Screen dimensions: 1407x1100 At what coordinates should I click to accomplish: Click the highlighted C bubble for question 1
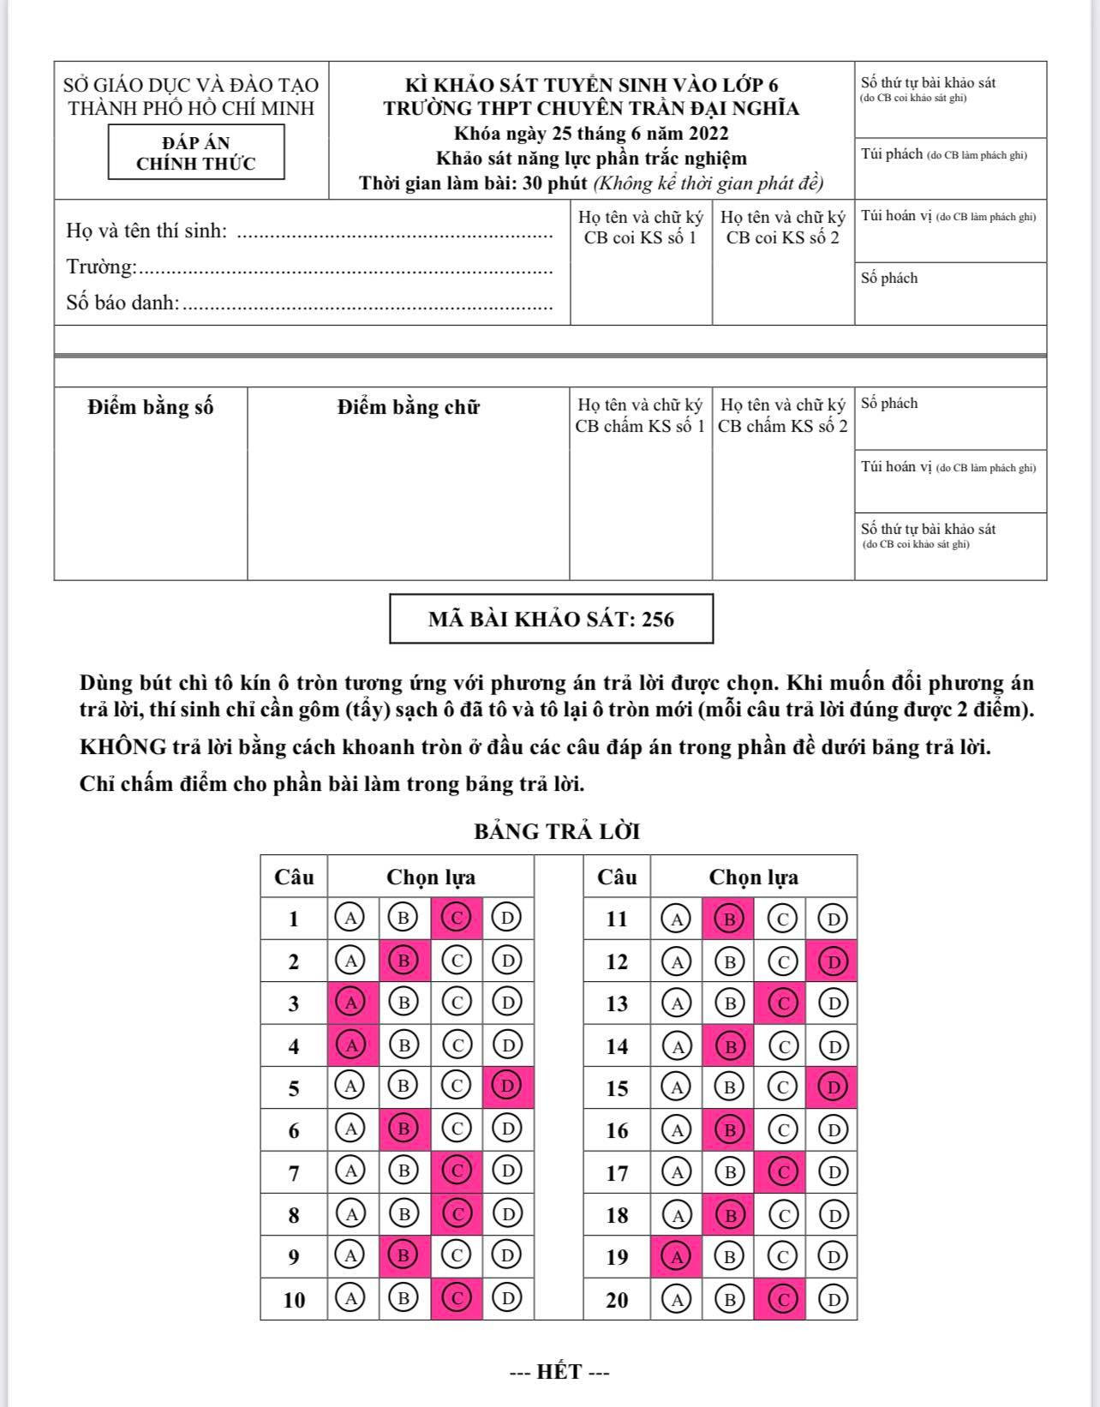(456, 919)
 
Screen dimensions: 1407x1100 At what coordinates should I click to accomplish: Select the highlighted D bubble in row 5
(507, 1087)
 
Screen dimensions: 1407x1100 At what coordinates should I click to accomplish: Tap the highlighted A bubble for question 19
(677, 1257)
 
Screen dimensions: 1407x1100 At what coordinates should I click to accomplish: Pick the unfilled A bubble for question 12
(677, 961)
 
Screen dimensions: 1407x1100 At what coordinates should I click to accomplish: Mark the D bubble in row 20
(832, 1300)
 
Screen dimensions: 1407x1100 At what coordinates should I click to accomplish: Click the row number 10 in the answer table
(294, 1300)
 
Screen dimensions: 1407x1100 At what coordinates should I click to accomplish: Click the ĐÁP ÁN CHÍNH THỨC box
(195, 153)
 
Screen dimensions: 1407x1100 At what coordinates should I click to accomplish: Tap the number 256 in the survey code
(658, 620)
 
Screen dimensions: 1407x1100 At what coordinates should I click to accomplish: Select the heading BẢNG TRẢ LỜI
(557, 831)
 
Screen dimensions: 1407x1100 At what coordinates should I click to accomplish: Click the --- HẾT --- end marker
(559, 1372)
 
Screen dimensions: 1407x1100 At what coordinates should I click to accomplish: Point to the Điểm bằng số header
(150, 407)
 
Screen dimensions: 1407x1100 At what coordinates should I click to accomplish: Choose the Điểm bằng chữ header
(408, 407)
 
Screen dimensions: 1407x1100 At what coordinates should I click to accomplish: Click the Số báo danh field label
(123, 302)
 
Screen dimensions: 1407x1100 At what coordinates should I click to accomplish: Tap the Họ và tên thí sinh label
(146, 231)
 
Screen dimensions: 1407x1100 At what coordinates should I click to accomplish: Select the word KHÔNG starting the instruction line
(123, 747)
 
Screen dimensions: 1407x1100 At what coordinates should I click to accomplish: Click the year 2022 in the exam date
(708, 134)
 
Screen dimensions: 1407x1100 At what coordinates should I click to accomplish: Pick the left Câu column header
(294, 877)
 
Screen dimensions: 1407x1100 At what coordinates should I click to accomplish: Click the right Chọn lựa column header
(753, 877)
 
